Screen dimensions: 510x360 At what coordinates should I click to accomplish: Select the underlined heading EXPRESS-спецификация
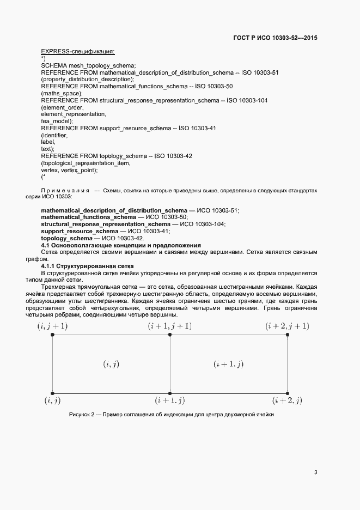click(x=77, y=51)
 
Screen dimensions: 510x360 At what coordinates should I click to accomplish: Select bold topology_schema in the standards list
click(x=67, y=238)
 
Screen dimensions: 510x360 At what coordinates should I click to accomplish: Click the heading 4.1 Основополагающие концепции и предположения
click(x=121, y=245)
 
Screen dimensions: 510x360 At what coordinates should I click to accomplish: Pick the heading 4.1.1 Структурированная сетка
click(x=88, y=266)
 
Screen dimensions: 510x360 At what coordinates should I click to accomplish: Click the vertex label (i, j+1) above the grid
click(x=52, y=326)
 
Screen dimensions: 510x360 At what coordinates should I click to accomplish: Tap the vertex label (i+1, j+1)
click(x=170, y=326)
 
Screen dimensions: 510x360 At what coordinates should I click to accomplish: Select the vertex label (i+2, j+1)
click(x=287, y=326)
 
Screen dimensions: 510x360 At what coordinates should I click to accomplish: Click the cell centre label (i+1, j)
click(x=228, y=363)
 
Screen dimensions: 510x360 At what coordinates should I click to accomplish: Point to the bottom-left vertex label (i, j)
click(x=52, y=400)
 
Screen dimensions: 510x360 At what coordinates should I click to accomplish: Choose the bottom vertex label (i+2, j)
click(x=287, y=400)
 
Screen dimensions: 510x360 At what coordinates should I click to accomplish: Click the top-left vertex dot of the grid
click(x=52, y=335)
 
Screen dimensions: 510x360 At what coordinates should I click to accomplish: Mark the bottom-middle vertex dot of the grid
click(x=170, y=393)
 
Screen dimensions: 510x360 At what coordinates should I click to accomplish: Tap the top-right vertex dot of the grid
click(x=288, y=335)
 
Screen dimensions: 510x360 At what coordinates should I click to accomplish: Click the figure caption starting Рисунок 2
click(x=171, y=415)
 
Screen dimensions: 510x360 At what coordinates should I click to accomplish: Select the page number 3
click(x=315, y=472)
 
